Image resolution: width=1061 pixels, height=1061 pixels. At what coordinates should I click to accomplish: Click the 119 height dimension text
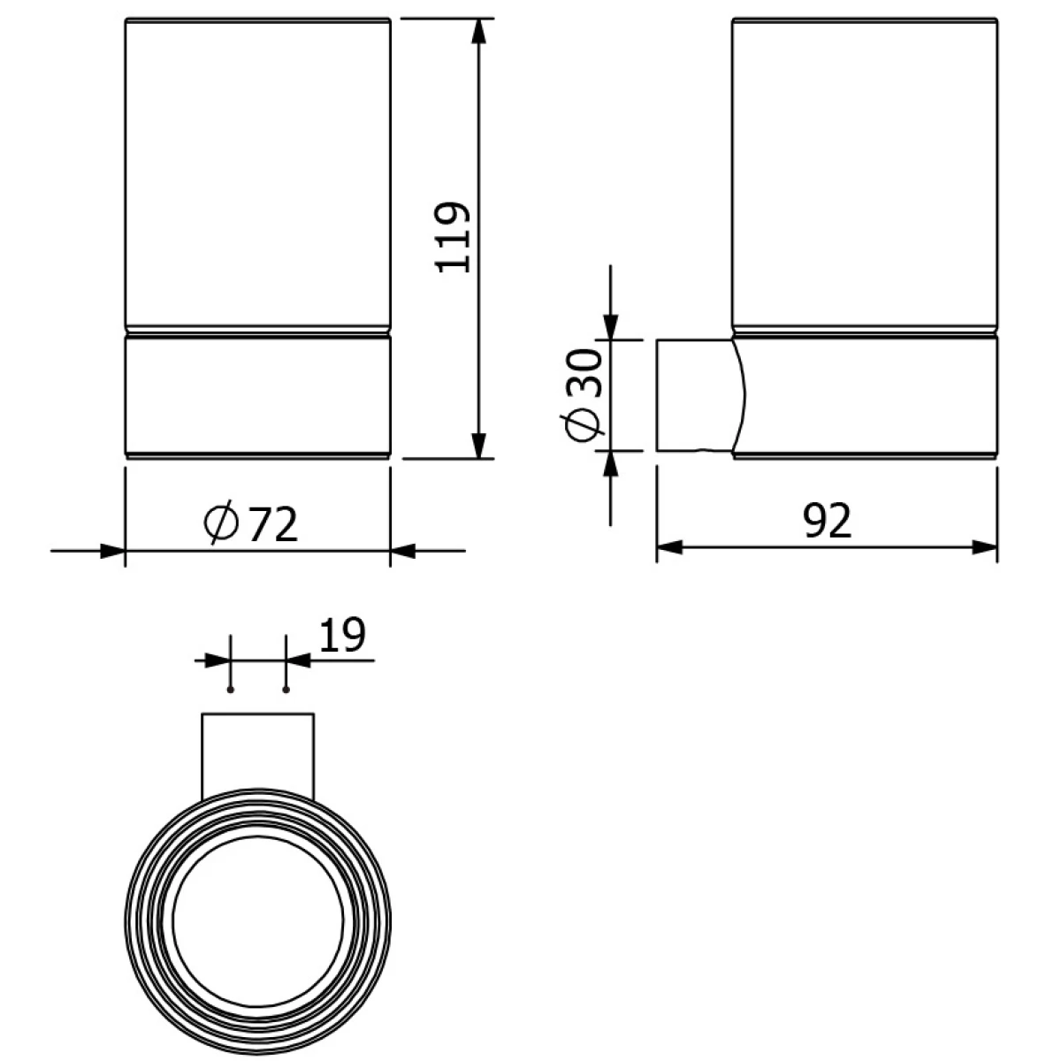pyautogui.click(x=453, y=237)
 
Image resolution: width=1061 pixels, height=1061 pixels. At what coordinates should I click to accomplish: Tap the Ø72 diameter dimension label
pyautogui.click(x=250, y=523)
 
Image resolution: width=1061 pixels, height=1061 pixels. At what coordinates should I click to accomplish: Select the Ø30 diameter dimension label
pyautogui.click(x=583, y=394)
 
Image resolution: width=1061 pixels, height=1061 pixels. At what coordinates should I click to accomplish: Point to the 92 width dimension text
pyautogui.click(x=827, y=520)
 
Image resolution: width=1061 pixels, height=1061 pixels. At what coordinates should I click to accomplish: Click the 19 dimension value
pyautogui.click(x=342, y=635)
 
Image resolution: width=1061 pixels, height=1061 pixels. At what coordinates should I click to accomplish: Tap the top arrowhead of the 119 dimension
pyautogui.click(x=479, y=32)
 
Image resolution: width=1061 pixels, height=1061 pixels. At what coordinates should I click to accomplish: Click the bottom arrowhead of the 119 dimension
pyautogui.click(x=479, y=446)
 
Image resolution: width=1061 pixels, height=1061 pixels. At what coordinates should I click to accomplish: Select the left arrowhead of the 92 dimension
pyautogui.click(x=669, y=548)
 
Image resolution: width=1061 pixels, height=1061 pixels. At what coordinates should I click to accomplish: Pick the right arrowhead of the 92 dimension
pyautogui.click(x=984, y=548)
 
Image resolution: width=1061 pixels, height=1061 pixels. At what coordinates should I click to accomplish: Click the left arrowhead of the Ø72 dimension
pyautogui.click(x=112, y=551)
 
